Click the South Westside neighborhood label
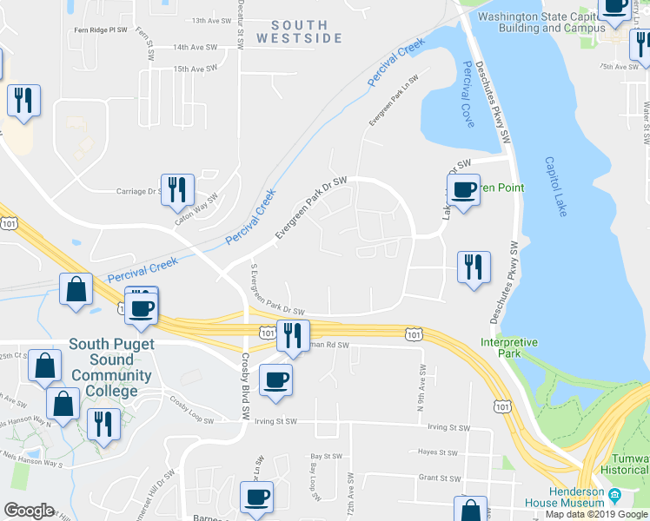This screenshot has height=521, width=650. click(x=299, y=31)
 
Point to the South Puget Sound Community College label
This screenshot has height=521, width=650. click(x=111, y=367)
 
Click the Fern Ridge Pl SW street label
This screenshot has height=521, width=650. click(x=102, y=30)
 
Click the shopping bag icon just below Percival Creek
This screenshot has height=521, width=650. click(x=76, y=289)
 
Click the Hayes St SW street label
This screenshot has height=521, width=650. click(x=438, y=452)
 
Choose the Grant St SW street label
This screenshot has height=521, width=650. click(x=439, y=477)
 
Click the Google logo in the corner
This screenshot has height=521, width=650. click(x=30, y=511)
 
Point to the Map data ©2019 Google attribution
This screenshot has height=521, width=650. click(x=595, y=514)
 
